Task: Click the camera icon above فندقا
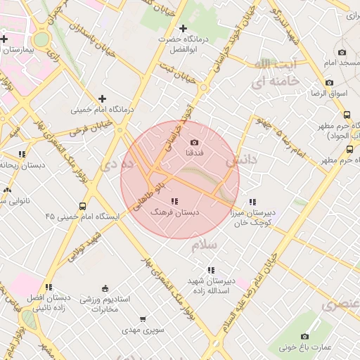pyautogui.click(x=195, y=142)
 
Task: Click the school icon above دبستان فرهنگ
pyautogui.click(x=174, y=202)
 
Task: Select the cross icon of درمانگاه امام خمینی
pyautogui.click(x=103, y=98)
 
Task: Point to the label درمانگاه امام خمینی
pyautogui.click(x=98, y=110)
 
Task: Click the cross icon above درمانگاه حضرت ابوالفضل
pyautogui.click(x=184, y=29)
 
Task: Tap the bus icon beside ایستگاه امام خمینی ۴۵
pyautogui.click(x=83, y=207)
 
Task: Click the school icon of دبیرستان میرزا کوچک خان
pyautogui.click(x=252, y=202)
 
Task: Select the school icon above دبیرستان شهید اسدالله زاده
pyautogui.click(x=211, y=270)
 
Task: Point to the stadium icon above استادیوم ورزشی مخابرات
pyautogui.click(x=105, y=288)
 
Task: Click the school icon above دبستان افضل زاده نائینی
pyautogui.click(x=49, y=287)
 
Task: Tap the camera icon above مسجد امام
pyautogui.click(x=342, y=53)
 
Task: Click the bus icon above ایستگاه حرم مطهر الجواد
pyautogui.click(x=347, y=115)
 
